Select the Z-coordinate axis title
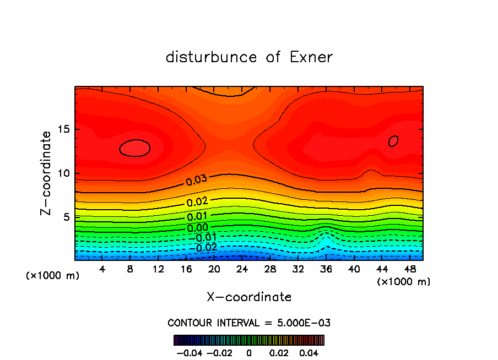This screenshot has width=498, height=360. (47, 173)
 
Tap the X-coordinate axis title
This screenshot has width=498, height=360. (249, 297)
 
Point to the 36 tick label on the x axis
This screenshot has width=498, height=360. (326, 269)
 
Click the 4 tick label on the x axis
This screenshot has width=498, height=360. (102, 269)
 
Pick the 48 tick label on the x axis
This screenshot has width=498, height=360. (410, 269)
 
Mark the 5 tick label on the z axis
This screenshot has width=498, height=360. (68, 217)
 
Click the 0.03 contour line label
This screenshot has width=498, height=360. (196, 181)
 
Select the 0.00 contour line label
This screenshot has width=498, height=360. (197, 227)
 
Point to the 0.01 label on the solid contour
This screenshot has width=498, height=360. (197, 216)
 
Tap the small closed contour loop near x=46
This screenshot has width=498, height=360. (393, 141)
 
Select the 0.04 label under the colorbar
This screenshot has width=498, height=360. (310, 352)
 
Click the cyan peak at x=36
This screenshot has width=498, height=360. (326, 240)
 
